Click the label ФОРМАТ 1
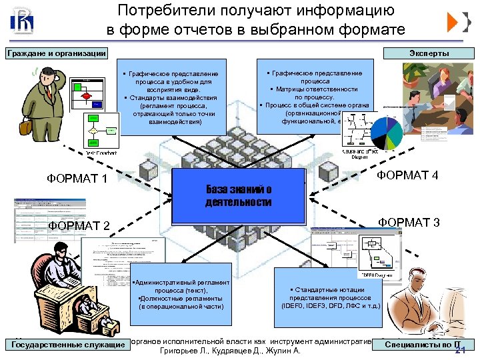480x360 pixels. pyautogui.click(x=77, y=178)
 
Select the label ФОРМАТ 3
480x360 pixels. pyautogui.click(x=409, y=222)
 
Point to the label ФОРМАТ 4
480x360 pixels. pyautogui.click(x=407, y=175)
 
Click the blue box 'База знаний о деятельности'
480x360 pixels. pyautogui.click(x=238, y=195)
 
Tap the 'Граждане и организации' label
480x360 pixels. pyautogui.click(x=55, y=53)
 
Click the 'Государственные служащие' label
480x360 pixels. pyautogui.click(x=69, y=345)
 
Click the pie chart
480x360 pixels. pyautogui.click(x=386, y=132)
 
